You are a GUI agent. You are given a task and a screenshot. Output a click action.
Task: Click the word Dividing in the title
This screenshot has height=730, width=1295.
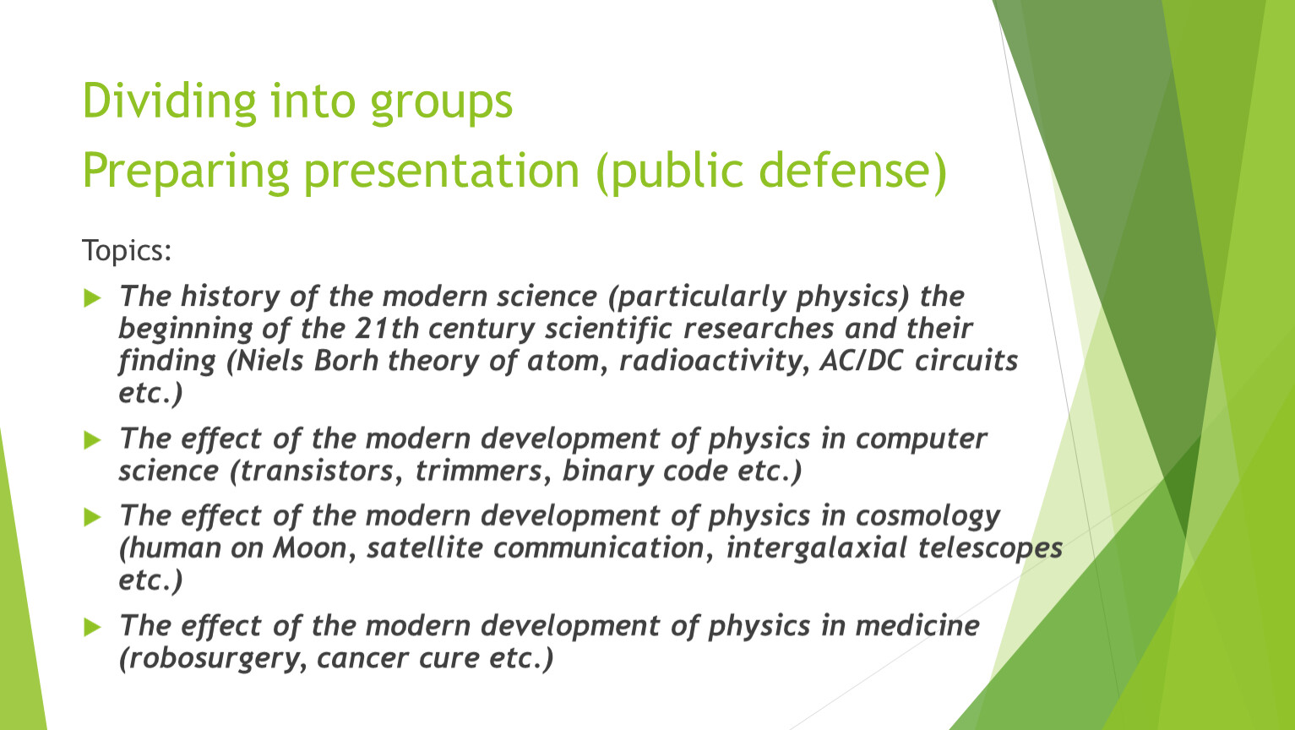[x=169, y=101]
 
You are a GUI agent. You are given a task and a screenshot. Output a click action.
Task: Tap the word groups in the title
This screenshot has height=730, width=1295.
[x=441, y=104]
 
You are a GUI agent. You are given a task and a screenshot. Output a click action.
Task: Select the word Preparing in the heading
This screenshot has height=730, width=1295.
[x=186, y=172]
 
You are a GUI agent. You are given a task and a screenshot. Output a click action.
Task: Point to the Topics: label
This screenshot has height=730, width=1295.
[x=127, y=251]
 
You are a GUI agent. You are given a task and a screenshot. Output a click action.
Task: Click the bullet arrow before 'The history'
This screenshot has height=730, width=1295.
[x=93, y=298]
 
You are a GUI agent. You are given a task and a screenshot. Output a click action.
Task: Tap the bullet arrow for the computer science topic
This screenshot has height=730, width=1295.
[x=93, y=440]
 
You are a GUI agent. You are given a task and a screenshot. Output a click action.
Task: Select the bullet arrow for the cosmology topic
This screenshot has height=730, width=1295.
[x=93, y=517]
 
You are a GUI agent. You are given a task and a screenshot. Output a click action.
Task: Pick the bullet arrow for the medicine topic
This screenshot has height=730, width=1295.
[x=93, y=627]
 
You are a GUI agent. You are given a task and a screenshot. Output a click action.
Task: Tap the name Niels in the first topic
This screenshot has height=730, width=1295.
[x=270, y=361]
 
